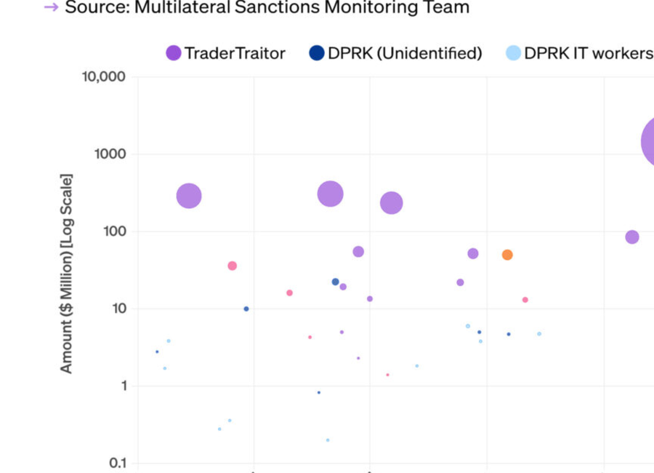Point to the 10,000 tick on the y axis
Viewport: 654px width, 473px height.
click(x=104, y=77)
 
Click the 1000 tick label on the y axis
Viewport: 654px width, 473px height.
click(x=111, y=154)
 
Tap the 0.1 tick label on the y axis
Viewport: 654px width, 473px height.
click(x=117, y=464)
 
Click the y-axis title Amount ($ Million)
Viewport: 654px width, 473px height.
click(x=66, y=274)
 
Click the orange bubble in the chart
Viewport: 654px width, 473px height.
click(x=507, y=255)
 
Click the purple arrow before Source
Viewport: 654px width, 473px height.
click(x=51, y=8)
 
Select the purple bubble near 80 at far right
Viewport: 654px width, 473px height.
click(x=632, y=237)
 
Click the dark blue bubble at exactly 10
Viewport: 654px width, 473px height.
click(x=246, y=309)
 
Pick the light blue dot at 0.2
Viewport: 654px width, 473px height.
click(x=328, y=440)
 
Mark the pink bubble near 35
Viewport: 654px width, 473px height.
click(x=233, y=266)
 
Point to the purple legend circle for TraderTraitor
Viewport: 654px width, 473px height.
click(x=174, y=53)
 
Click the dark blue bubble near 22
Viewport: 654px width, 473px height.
click(x=336, y=282)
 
